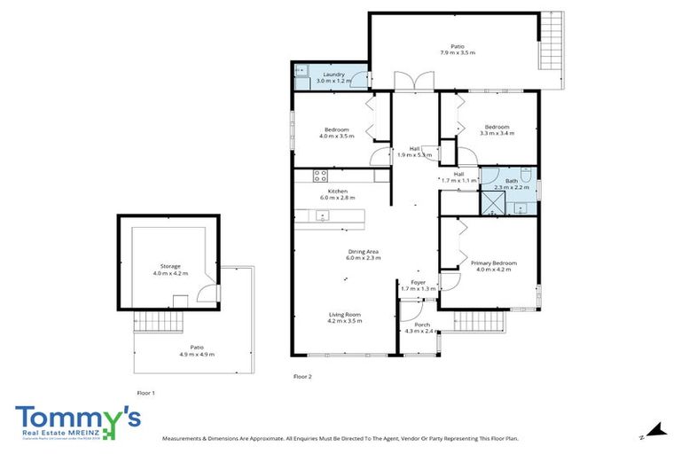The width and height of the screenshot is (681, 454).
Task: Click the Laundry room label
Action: click(x=334, y=74)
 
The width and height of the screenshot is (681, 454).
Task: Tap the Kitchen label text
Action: click(x=338, y=192)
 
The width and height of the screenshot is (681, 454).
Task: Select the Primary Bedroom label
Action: click(x=494, y=262)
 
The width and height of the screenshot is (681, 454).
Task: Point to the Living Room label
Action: click(x=344, y=315)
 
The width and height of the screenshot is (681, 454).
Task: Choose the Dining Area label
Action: click(x=364, y=252)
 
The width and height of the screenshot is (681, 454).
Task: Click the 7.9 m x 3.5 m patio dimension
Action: click(x=458, y=53)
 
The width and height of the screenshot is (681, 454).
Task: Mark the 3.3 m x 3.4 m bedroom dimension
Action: click(x=497, y=133)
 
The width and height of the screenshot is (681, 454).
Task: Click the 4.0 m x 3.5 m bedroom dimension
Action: click(x=337, y=137)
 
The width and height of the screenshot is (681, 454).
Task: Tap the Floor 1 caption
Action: click(x=146, y=392)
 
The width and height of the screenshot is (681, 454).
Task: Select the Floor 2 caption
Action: click(x=303, y=377)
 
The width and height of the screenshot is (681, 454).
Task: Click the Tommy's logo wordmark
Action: click(x=75, y=417)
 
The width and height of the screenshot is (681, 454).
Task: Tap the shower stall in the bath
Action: click(x=492, y=203)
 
